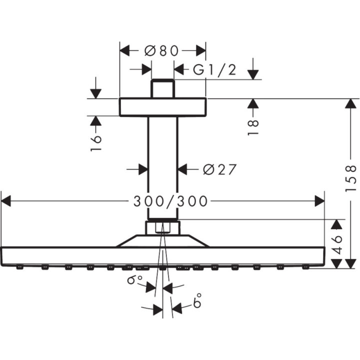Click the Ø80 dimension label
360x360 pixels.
tap(161, 51)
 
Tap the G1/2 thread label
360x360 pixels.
tap(214, 69)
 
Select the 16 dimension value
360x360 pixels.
tap(97, 142)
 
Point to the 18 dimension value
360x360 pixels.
tap(253, 127)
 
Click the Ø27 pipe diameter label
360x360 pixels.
tap(219, 170)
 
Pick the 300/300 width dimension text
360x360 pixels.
tap(170, 201)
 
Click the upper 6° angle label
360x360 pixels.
tap(134, 280)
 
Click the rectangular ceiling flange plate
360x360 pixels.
tap(162, 106)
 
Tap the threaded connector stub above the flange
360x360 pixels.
tap(162, 88)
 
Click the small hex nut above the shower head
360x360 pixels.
tap(162, 228)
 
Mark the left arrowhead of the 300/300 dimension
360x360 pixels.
tap(6, 201)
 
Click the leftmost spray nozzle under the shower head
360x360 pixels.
tap(20, 267)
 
